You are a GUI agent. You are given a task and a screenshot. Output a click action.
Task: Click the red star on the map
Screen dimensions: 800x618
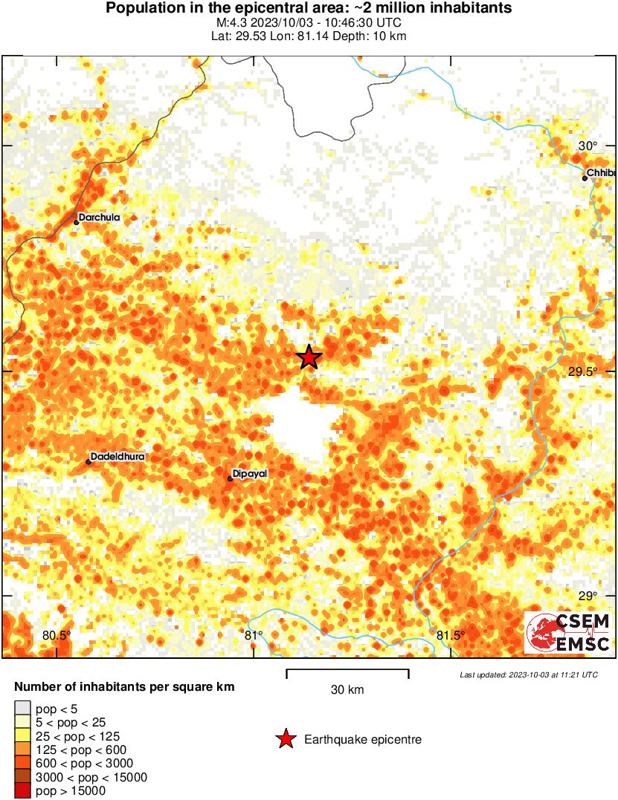tap(309, 357)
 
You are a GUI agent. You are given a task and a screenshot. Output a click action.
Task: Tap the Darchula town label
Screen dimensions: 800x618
tap(99, 218)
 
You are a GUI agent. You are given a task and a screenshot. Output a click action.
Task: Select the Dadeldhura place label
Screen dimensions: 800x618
tap(117, 456)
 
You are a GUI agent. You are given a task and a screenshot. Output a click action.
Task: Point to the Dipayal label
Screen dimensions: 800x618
tap(250, 473)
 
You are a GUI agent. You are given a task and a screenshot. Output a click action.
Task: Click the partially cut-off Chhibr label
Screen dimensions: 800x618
tap(601, 173)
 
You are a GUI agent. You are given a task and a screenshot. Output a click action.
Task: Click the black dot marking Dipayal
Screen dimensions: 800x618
tap(230, 478)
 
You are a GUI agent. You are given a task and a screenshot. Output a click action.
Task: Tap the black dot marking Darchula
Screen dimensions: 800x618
tap(76, 221)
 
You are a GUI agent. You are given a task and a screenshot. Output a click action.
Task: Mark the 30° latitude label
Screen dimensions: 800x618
tap(588, 146)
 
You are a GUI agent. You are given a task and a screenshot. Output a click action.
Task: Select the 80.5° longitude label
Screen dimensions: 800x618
tap(57, 635)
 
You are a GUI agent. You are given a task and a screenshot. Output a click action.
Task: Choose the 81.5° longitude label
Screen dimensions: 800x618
tap(451, 635)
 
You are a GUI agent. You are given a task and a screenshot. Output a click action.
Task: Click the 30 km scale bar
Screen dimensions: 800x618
tap(347, 673)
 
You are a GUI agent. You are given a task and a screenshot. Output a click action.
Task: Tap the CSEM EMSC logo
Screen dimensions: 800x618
tap(568, 633)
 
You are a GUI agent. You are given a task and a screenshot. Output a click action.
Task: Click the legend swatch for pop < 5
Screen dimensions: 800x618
tap(22, 710)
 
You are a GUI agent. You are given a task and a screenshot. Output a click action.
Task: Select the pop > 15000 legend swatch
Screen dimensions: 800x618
tap(22, 791)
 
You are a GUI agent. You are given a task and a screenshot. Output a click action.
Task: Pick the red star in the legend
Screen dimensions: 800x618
tap(285, 739)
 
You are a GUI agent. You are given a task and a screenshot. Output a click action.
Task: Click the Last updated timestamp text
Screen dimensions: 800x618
tap(529, 675)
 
